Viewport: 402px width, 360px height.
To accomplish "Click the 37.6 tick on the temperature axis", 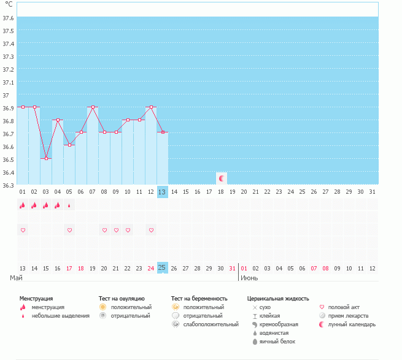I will (x=8, y=18).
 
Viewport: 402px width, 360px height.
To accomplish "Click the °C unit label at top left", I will (x=9, y=5).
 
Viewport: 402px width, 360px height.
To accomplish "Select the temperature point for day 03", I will (x=46, y=158).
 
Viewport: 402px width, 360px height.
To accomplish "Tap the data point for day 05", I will (x=69, y=145).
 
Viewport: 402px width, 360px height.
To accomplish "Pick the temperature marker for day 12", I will (x=151, y=107).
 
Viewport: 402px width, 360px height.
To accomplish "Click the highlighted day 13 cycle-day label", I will (x=162, y=191).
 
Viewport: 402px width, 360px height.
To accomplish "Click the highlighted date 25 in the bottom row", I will (x=162, y=268).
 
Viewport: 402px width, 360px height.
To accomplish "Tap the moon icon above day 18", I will (x=221, y=178).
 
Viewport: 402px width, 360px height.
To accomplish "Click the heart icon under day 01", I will (x=23, y=230).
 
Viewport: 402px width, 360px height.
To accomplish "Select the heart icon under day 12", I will (x=151, y=230).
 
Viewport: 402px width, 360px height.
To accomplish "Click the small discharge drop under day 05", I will (x=69, y=205).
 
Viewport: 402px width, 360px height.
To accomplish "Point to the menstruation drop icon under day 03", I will (x=46, y=205).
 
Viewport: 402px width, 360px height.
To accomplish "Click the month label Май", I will (x=16, y=278).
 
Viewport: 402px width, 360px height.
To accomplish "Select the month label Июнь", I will (x=249, y=278).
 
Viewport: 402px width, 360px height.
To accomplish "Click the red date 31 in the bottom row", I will (x=232, y=268).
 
